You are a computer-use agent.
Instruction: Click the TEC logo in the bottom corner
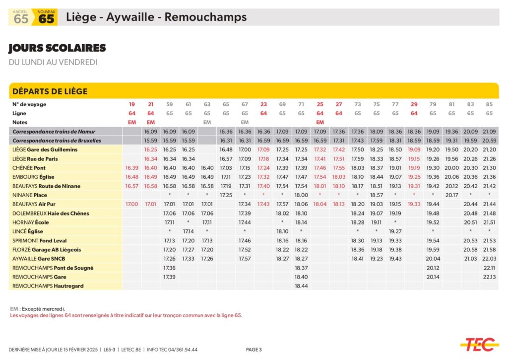click(x=479, y=344)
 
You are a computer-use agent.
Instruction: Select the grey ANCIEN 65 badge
click(x=21, y=17)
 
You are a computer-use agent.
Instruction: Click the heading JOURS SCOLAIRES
click(x=57, y=48)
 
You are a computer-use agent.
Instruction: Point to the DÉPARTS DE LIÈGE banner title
click(x=50, y=91)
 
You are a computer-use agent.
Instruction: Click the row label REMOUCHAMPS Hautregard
click(x=48, y=286)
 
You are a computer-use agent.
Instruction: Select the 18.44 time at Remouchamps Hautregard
click(x=301, y=286)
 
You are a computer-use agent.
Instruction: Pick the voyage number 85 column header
click(x=489, y=104)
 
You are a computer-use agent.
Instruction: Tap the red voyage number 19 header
click(x=132, y=104)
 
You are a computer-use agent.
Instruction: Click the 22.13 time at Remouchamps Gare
click(x=489, y=277)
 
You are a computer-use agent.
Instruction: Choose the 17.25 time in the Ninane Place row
click(x=226, y=195)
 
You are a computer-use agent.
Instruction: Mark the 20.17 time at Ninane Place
click(x=451, y=195)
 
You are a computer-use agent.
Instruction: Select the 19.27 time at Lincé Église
click(x=395, y=231)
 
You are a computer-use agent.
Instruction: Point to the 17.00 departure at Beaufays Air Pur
click(x=132, y=204)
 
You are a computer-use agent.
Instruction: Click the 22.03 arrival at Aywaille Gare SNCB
click(x=489, y=259)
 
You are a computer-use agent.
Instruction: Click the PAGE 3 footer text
click(x=254, y=350)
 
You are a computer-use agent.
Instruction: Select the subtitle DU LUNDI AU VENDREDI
click(x=53, y=63)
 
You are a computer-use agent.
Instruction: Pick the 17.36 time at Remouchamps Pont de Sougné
click(x=169, y=268)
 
